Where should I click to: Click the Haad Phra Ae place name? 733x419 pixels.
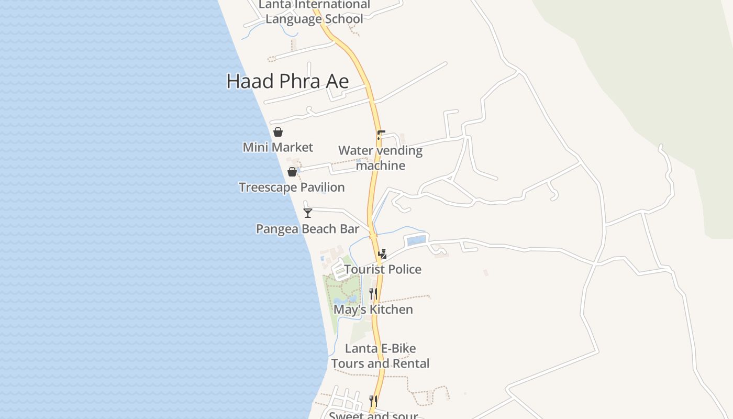pos(287,81)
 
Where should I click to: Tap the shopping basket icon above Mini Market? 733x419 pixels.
pos(278,132)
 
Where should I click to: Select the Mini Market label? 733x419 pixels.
pos(278,147)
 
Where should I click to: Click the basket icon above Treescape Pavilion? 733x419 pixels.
pos(292,172)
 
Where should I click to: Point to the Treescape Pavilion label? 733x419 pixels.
pos(292,187)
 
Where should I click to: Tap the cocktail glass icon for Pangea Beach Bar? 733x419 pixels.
pos(308,213)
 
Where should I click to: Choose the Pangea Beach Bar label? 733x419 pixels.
pos(307,229)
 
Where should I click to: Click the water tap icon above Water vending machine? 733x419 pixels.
pos(381,135)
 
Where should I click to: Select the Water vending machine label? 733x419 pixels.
pos(381,158)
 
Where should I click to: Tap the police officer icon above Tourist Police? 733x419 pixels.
pos(383,254)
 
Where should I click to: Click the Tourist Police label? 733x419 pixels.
pos(383,269)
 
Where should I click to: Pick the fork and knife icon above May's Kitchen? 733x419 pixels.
pos(373,294)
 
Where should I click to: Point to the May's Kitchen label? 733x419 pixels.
pos(373,310)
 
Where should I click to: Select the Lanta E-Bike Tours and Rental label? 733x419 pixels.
pos(381,356)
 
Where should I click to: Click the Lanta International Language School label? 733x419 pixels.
pos(314,12)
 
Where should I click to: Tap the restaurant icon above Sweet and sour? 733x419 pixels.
pos(373,401)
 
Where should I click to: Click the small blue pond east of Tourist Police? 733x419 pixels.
pos(416,241)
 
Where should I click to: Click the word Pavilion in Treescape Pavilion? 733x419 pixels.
pos(322,187)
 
